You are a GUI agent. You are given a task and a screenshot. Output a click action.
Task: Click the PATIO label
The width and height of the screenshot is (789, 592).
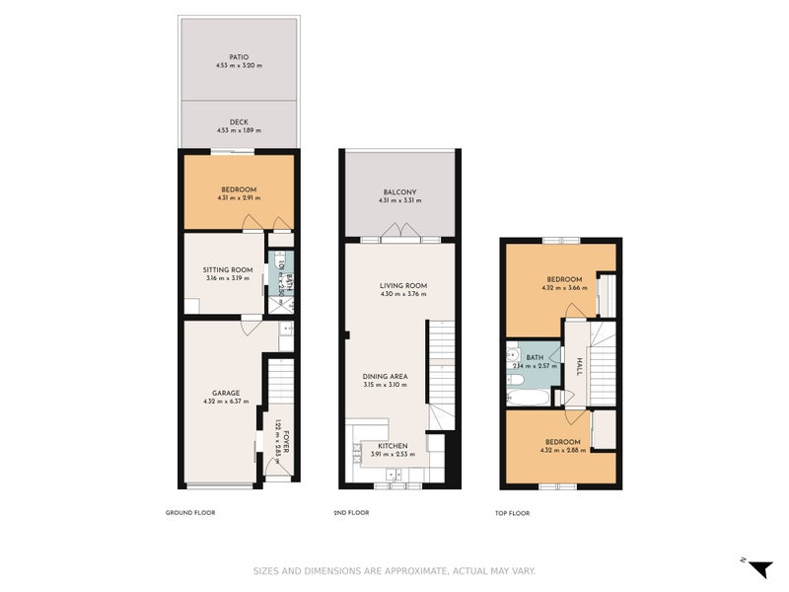click(239, 57)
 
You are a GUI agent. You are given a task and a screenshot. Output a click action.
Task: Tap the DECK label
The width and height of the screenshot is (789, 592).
click(239, 121)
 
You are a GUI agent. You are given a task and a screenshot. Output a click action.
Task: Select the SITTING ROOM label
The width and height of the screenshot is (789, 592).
click(228, 269)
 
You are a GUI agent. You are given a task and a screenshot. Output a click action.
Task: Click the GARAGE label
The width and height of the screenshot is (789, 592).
click(225, 392)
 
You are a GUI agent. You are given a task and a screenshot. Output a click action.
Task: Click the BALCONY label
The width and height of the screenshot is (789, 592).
click(399, 191)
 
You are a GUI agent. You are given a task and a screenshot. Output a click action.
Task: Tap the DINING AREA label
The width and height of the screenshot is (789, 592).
click(386, 376)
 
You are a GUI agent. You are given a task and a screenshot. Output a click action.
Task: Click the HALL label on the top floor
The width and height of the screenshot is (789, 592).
click(580, 366)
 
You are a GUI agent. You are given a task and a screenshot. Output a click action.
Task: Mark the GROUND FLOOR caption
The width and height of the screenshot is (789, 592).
click(190, 513)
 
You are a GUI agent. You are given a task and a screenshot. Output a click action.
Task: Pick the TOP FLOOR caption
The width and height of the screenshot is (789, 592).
click(512, 513)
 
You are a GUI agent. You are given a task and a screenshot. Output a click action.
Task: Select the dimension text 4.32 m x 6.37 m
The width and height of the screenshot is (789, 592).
click(225, 401)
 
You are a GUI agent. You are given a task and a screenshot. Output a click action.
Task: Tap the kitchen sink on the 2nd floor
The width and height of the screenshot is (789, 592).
click(357, 455)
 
